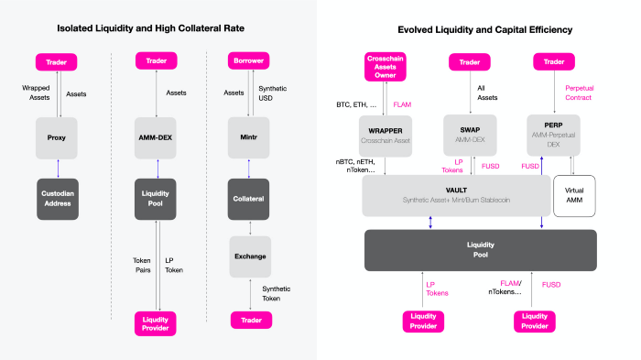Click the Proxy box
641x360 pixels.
[x=57, y=138]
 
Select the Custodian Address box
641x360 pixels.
[x=58, y=199]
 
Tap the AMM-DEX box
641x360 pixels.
[x=156, y=138]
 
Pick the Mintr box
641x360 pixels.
[x=248, y=137]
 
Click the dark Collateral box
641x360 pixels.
[x=248, y=199]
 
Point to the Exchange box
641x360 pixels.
[x=250, y=256]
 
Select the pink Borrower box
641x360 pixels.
[x=248, y=60]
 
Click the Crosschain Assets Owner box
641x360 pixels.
[x=386, y=67]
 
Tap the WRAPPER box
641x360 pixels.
[x=386, y=136]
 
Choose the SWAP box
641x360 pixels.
[x=470, y=135]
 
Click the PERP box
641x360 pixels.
[x=553, y=135]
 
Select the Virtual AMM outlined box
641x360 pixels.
[x=574, y=196]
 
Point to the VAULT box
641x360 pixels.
[x=456, y=195]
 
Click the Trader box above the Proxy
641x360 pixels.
[x=57, y=62]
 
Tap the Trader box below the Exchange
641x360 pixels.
[x=252, y=320]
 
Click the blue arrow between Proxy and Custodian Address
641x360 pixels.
[x=58, y=169]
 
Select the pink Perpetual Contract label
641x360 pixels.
[x=579, y=93]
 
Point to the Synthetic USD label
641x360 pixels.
[x=272, y=93]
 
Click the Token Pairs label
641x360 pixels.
[x=142, y=265]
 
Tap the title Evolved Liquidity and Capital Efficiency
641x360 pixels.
[x=485, y=30]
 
